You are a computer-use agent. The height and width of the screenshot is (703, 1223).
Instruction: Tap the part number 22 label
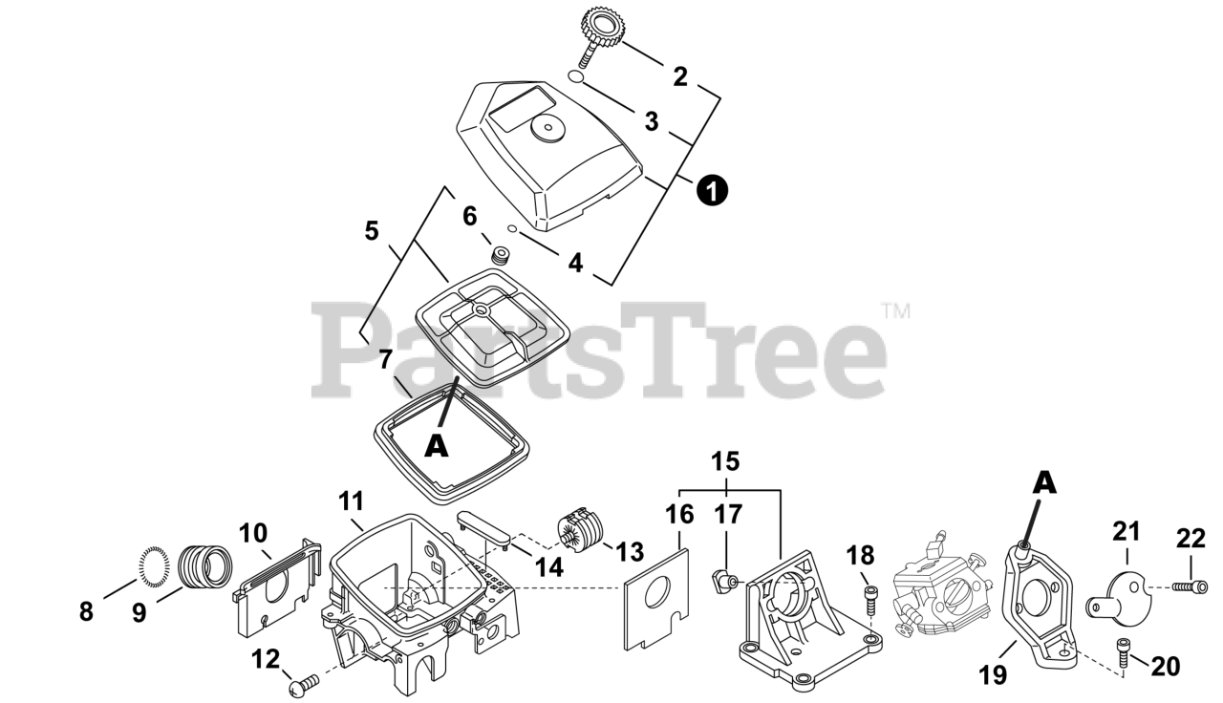point(1191,540)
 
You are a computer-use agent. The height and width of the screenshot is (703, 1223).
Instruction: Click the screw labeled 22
point(1189,584)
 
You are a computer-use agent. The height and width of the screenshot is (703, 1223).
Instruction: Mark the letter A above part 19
point(1046,484)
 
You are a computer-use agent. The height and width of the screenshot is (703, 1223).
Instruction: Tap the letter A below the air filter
point(436,445)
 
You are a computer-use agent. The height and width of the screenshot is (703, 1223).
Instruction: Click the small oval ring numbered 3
point(573,76)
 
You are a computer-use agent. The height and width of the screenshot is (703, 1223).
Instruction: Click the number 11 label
point(351,501)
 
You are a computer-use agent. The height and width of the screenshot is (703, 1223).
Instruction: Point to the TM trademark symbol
point(895,310)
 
